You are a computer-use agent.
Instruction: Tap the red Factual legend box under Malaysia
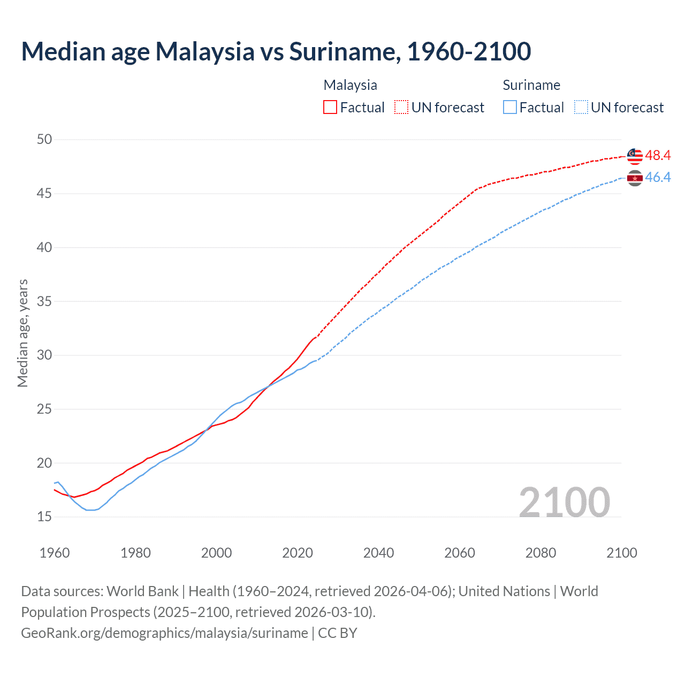(x=330, y=108)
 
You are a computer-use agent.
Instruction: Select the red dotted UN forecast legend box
(x=401, y=108)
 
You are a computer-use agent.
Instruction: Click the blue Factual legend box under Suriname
(x=510, y=108)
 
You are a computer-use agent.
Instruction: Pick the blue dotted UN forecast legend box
(x=581, y=108)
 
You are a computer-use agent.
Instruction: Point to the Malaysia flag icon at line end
(x=635, y=156)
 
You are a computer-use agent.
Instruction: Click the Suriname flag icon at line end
(x=635, y=178)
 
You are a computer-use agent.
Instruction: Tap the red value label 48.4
(x=658, y=156)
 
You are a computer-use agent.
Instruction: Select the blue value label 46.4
(x=658, y=178)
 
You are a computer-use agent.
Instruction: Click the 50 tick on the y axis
(x=44, y=140)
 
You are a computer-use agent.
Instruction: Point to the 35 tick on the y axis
(x=44, y=301)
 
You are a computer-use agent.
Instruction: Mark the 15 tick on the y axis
(x=44, y=517)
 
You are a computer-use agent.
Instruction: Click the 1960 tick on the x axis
(x=55, y=553)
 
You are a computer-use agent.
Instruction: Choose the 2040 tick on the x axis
(x=378, y=553)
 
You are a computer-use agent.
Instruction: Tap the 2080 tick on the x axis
(x=541, y=553)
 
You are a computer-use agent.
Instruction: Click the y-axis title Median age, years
(x=22, y=333)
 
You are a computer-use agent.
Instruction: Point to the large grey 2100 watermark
(x=564, y=502)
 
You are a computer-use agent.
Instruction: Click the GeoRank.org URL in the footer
(x=164, y=633)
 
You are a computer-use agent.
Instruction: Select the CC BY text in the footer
(x=338, y=633)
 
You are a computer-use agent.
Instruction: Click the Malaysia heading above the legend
(x=350, y=85)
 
